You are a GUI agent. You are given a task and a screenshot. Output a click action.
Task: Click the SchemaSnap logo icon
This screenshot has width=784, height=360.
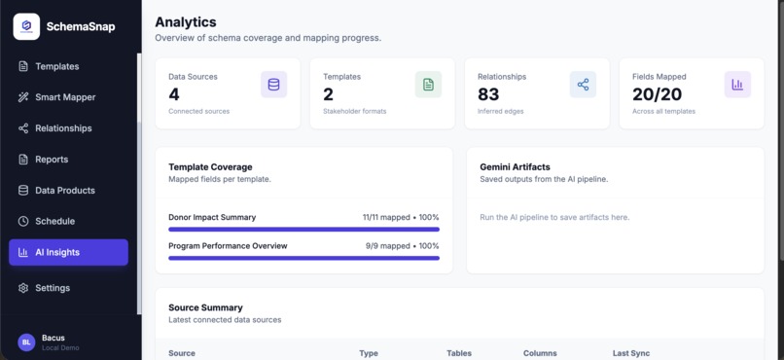coord(26,26)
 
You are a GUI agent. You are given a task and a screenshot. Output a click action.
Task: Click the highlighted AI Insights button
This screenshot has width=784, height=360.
coord(68,253)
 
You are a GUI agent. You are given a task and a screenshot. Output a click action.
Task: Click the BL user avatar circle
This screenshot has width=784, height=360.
coord(26,342)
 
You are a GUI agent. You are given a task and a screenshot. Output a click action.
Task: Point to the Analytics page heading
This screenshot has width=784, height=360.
coord(186,22)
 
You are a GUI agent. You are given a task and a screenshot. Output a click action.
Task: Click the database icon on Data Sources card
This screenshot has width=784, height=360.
coord(273,85)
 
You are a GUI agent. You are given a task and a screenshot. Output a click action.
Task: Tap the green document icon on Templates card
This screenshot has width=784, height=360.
coord(429,85)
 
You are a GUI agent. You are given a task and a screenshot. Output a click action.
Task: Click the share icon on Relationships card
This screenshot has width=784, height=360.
coord(583,85)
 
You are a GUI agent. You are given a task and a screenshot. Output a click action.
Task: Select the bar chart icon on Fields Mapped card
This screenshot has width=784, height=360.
coord(737,85)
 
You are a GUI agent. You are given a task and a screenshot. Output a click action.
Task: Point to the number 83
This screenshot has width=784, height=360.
coord(488,94)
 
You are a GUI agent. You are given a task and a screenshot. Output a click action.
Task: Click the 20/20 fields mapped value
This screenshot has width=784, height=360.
coord(657,94)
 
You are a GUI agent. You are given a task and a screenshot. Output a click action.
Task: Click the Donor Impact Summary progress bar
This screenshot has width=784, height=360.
coord(304,230)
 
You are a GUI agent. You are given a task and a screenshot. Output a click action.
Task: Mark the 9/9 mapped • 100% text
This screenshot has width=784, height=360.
coord(402,246)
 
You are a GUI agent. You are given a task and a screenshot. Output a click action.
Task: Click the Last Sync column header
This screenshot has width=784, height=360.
coord(631,353)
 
